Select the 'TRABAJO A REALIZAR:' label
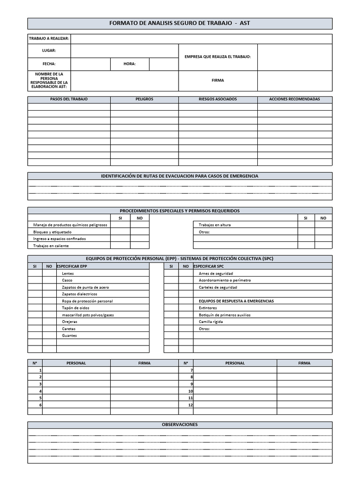(49, 38)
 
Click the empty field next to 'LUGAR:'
(125, 51)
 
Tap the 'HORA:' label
(130, 64)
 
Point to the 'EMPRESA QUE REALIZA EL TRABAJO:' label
(218, 57)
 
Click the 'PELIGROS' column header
(144, 99)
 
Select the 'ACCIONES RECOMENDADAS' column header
(294, 99)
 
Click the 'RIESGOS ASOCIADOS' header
(218, 99)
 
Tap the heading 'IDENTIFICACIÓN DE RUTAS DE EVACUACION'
(180, 176)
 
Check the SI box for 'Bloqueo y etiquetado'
(120, 232)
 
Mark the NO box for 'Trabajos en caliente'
(140, 246)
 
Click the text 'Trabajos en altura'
(215, 225)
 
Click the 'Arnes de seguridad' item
(216, 273)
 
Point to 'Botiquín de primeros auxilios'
(225, 315)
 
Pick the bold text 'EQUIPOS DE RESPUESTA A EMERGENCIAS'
(236, 301)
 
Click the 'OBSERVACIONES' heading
(180, 425)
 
